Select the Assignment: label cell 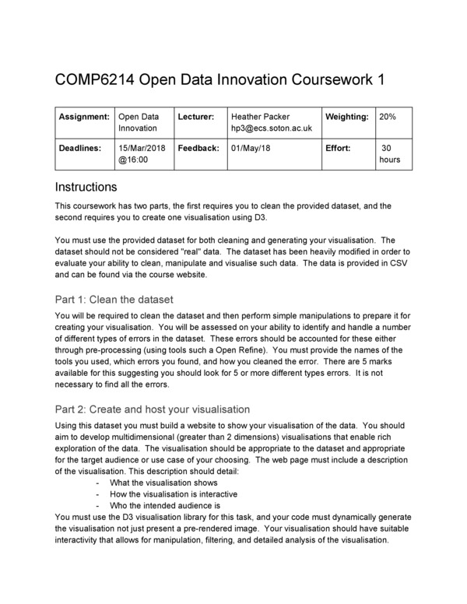click(84, 117)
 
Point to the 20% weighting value click(387, 117)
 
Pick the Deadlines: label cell click(81, 147)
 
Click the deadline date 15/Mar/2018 click(142, 147)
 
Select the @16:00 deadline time click(133, 159)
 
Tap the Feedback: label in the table click(198, 147)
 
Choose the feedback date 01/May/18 click(251, 147)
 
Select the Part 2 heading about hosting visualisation click(153, 409)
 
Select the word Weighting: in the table click(346, 117)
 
